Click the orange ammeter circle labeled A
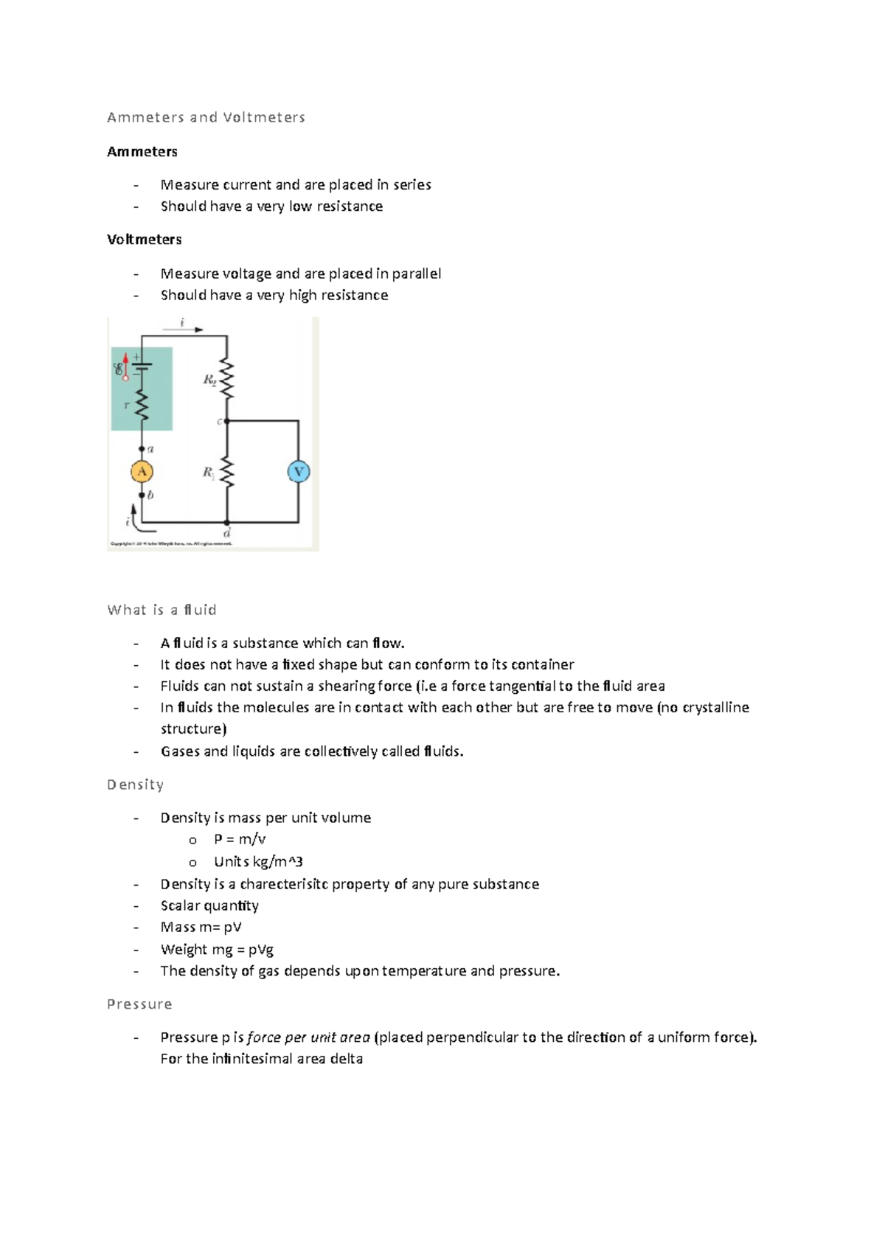tap(142, 472)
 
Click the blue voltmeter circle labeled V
tap(299, 472)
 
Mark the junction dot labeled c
tap(227, 421)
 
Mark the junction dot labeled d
tap(227, 522)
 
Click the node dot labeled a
tap(142, 448)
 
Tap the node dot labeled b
tap(142, 495)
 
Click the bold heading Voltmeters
tap(145, 240)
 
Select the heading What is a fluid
tap(162, 610)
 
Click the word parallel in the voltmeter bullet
tap(416, 274)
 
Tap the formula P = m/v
tap(240, 839)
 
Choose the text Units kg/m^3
tap(258, 861)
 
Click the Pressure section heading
tap(139, 1004)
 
